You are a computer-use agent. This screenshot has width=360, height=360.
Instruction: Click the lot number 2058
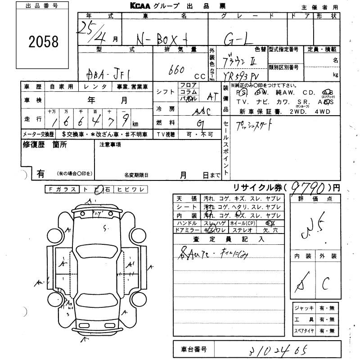tap(44, 42)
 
